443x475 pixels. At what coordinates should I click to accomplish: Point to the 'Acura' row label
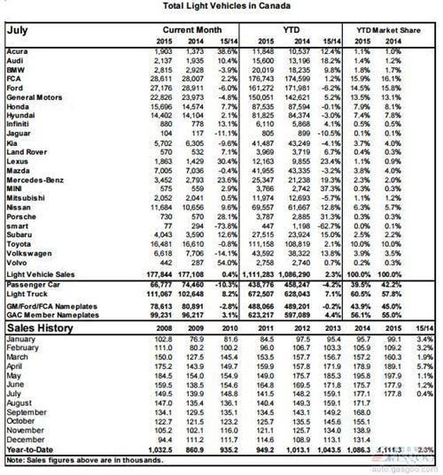pyautogui.click(x=17, y=53)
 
